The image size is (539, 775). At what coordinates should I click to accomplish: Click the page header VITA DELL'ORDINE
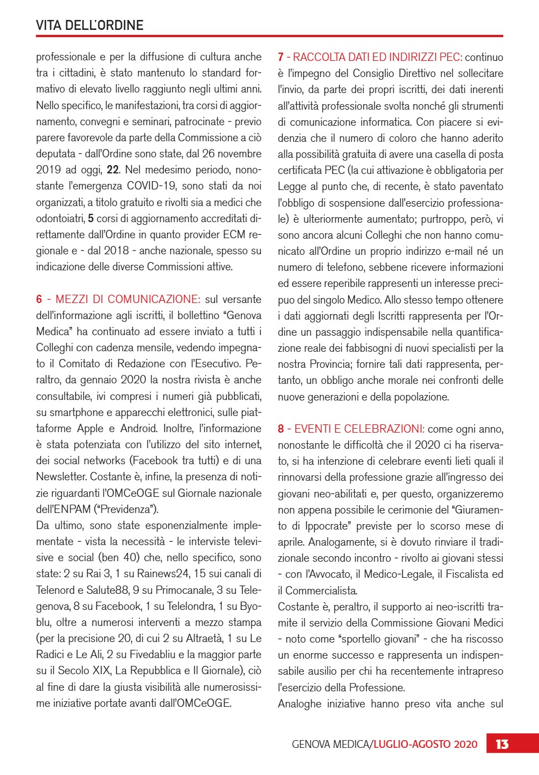click(x=90, y=25)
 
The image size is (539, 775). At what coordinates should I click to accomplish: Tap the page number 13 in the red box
click(x=502, y=744)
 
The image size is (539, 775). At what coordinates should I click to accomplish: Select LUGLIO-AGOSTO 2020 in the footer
click(x=425, y=744)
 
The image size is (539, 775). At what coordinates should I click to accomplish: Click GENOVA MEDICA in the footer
click(x=330, y=744)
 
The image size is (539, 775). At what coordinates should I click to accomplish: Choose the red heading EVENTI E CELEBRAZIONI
click(x=359, y=429)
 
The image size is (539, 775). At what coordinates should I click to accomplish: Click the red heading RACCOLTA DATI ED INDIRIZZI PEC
click(x=377, y=57)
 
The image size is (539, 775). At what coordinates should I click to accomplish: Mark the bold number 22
click(x=113, y=170)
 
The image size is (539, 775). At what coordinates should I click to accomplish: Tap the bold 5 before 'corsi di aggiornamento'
click(x=91, y=218)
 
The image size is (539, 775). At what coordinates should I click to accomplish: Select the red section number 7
click(x=281, y=57)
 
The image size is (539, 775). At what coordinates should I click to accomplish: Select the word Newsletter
click(x=61, y=476)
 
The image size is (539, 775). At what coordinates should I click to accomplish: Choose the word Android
click(x=138, y=428)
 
